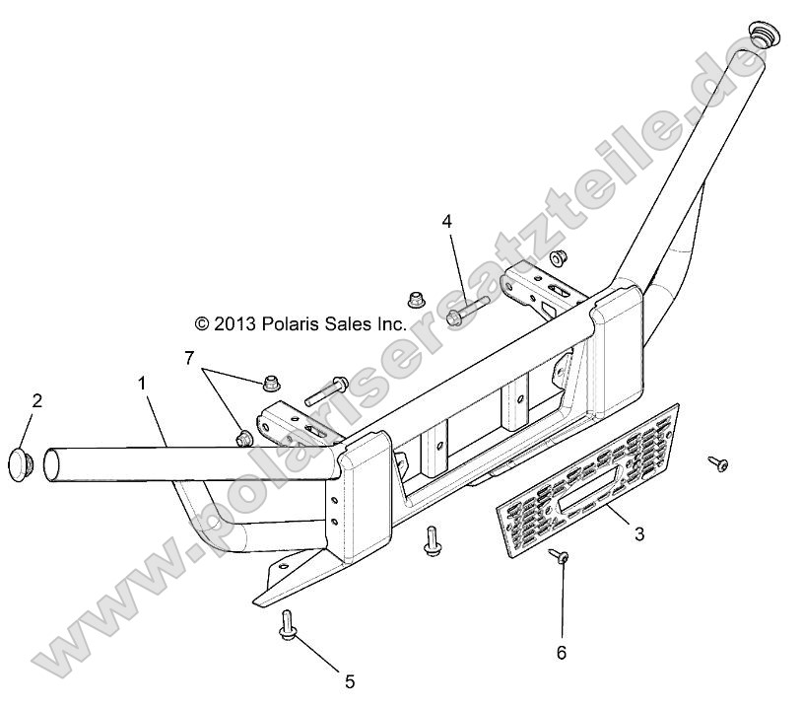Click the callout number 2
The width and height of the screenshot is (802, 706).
point(36,400)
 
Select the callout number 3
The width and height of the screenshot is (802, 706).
point(638,534)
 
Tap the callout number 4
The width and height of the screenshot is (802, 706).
point(446,221)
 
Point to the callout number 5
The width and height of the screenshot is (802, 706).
point(349,680)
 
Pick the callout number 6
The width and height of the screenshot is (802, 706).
point(563,653)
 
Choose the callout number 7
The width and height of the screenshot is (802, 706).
point(189,356)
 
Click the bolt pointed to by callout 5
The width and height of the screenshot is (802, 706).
point(287,621)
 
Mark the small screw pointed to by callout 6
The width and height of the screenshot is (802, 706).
point(558,558)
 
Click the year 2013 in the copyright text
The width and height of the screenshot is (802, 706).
point(235,322)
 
